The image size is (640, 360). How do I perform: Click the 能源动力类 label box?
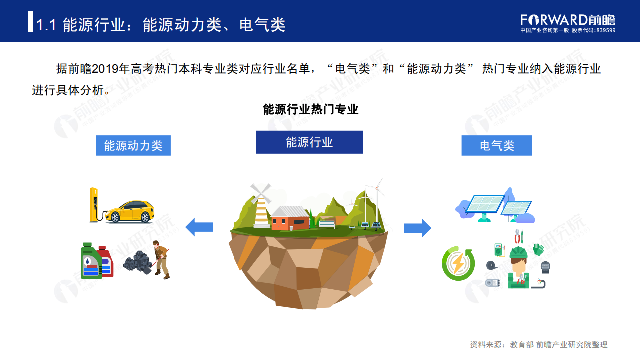[133, 145]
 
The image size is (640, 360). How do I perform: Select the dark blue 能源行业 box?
[309, 142]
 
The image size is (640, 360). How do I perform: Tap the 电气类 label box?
[496, 145]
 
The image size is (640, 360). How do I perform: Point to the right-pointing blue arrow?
[417, 227]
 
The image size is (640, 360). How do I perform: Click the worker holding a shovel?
[161, 259]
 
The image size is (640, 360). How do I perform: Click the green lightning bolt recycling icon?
[458, 263]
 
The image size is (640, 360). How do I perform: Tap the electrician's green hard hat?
[518, 252]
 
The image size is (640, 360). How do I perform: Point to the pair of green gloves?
[538, 249]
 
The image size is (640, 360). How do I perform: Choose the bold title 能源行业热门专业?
[311, 110]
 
